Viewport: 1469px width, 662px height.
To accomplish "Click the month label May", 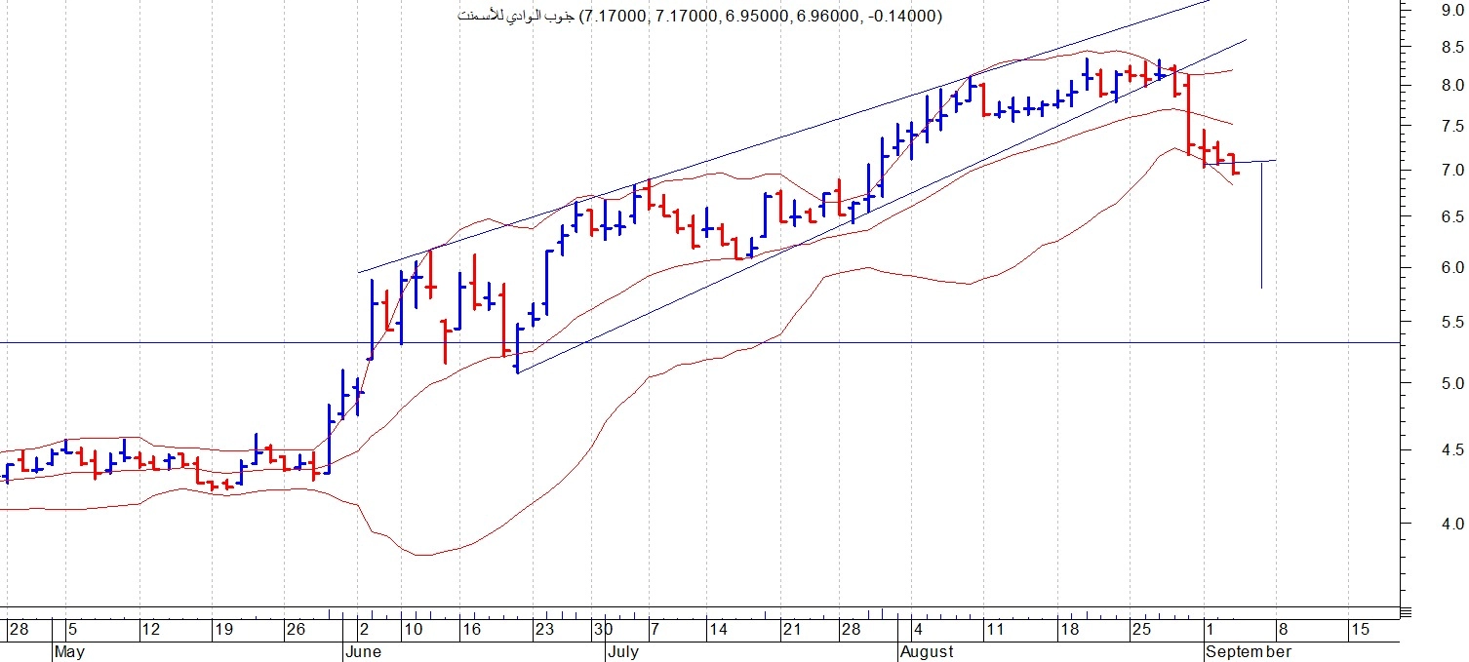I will [69, 651].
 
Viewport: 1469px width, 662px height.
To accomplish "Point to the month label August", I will [927, 651].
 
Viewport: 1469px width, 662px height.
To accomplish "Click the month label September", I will [1249, 651].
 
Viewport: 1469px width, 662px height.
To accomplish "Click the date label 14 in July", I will [718, 630].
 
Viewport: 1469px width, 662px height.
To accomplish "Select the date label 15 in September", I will [1359, 630].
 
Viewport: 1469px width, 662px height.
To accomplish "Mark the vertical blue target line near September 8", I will [1261, 224].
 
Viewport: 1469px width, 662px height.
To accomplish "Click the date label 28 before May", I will [19, 630].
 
